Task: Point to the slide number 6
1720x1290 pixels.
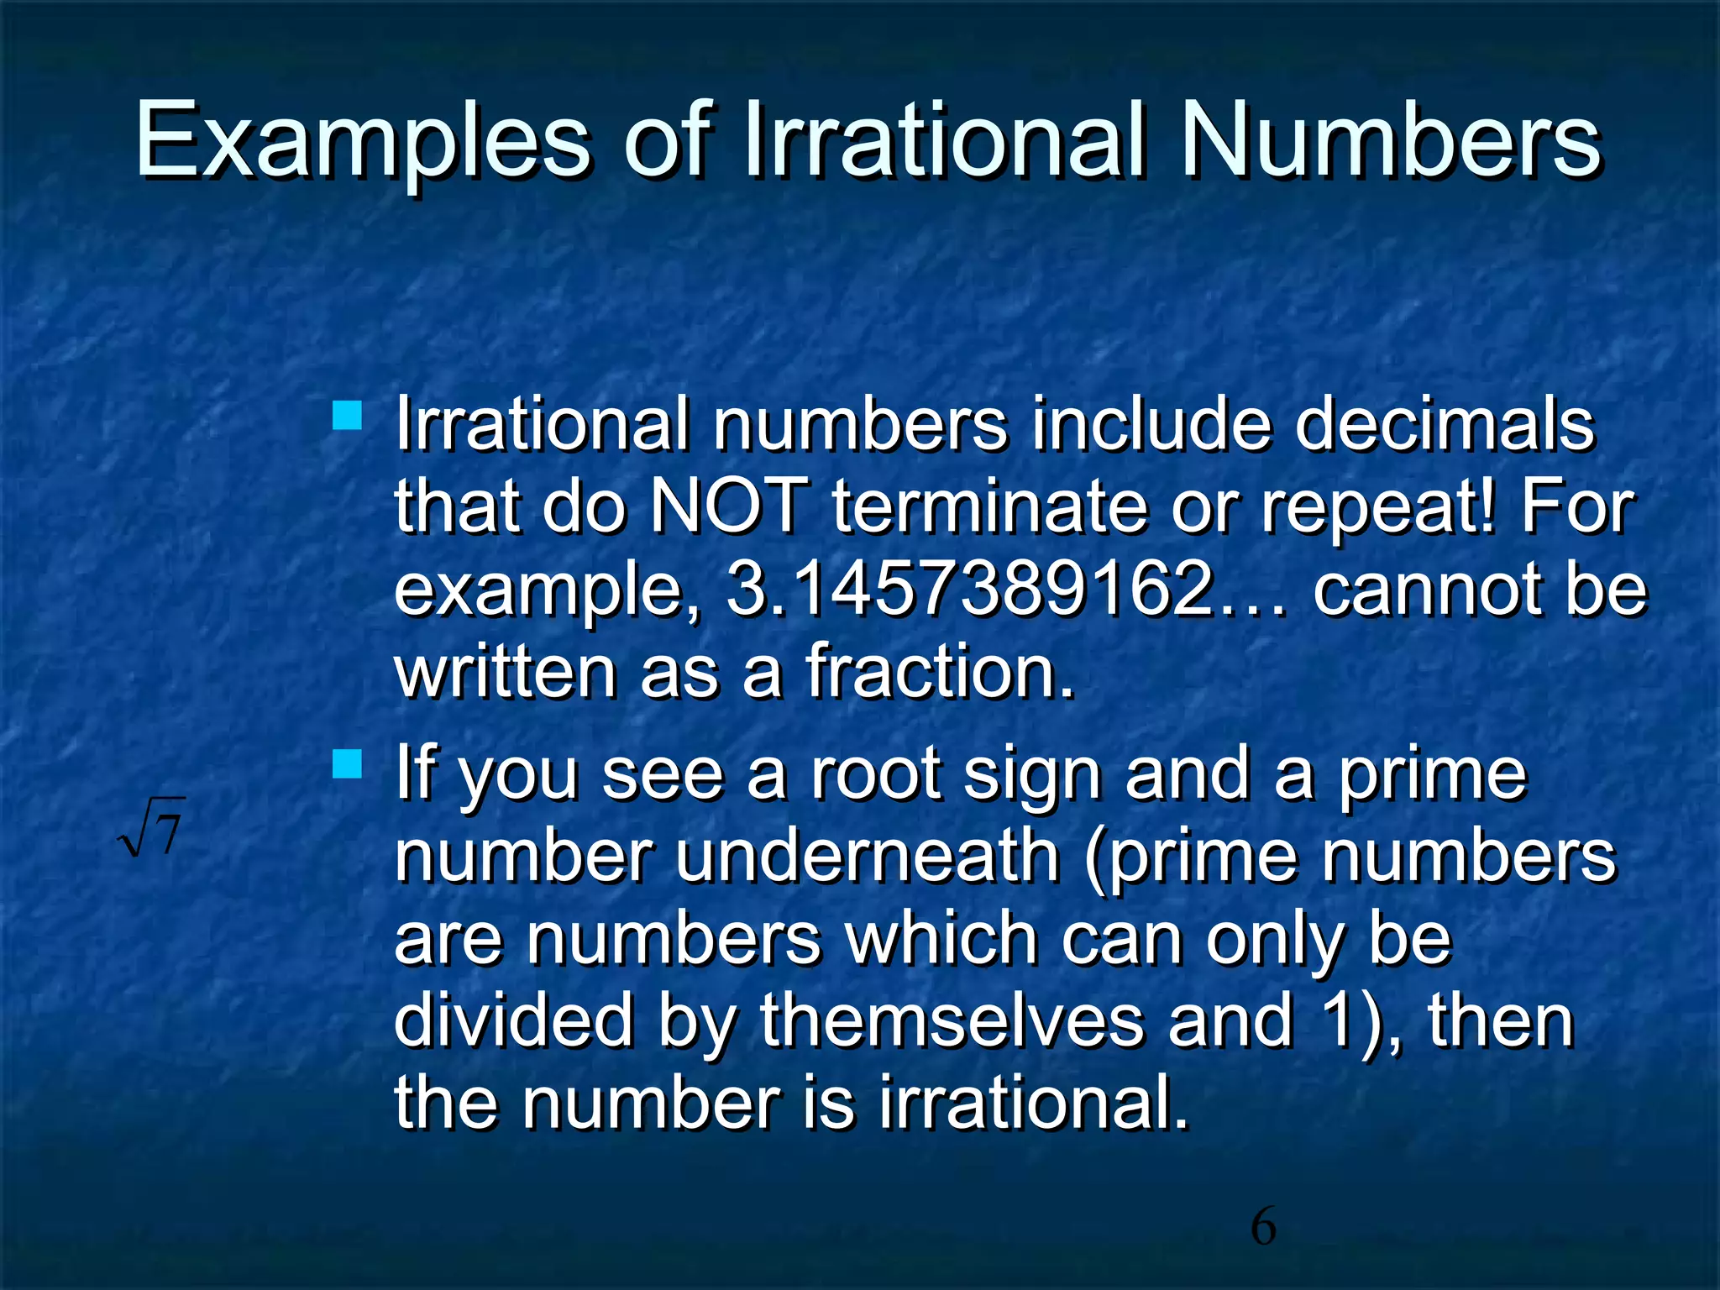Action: click(1263, 1227)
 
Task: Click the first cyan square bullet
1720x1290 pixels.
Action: click(347, 416)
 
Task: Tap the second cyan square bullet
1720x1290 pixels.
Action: click(347, 764)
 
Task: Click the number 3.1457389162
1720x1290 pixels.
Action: click(969, 588)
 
